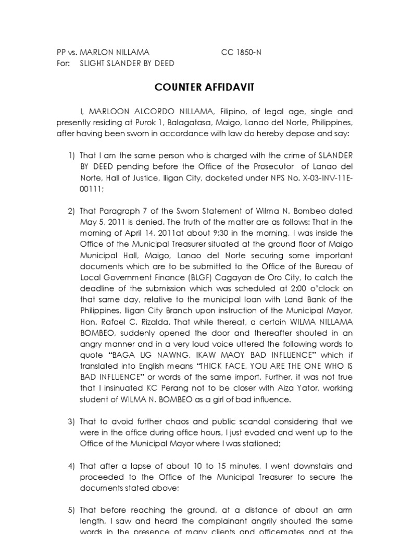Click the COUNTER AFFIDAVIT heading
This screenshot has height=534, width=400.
click(204, 87)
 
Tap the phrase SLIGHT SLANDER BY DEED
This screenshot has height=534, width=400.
click(127, 63)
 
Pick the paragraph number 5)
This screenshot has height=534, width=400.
click(72, 511)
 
